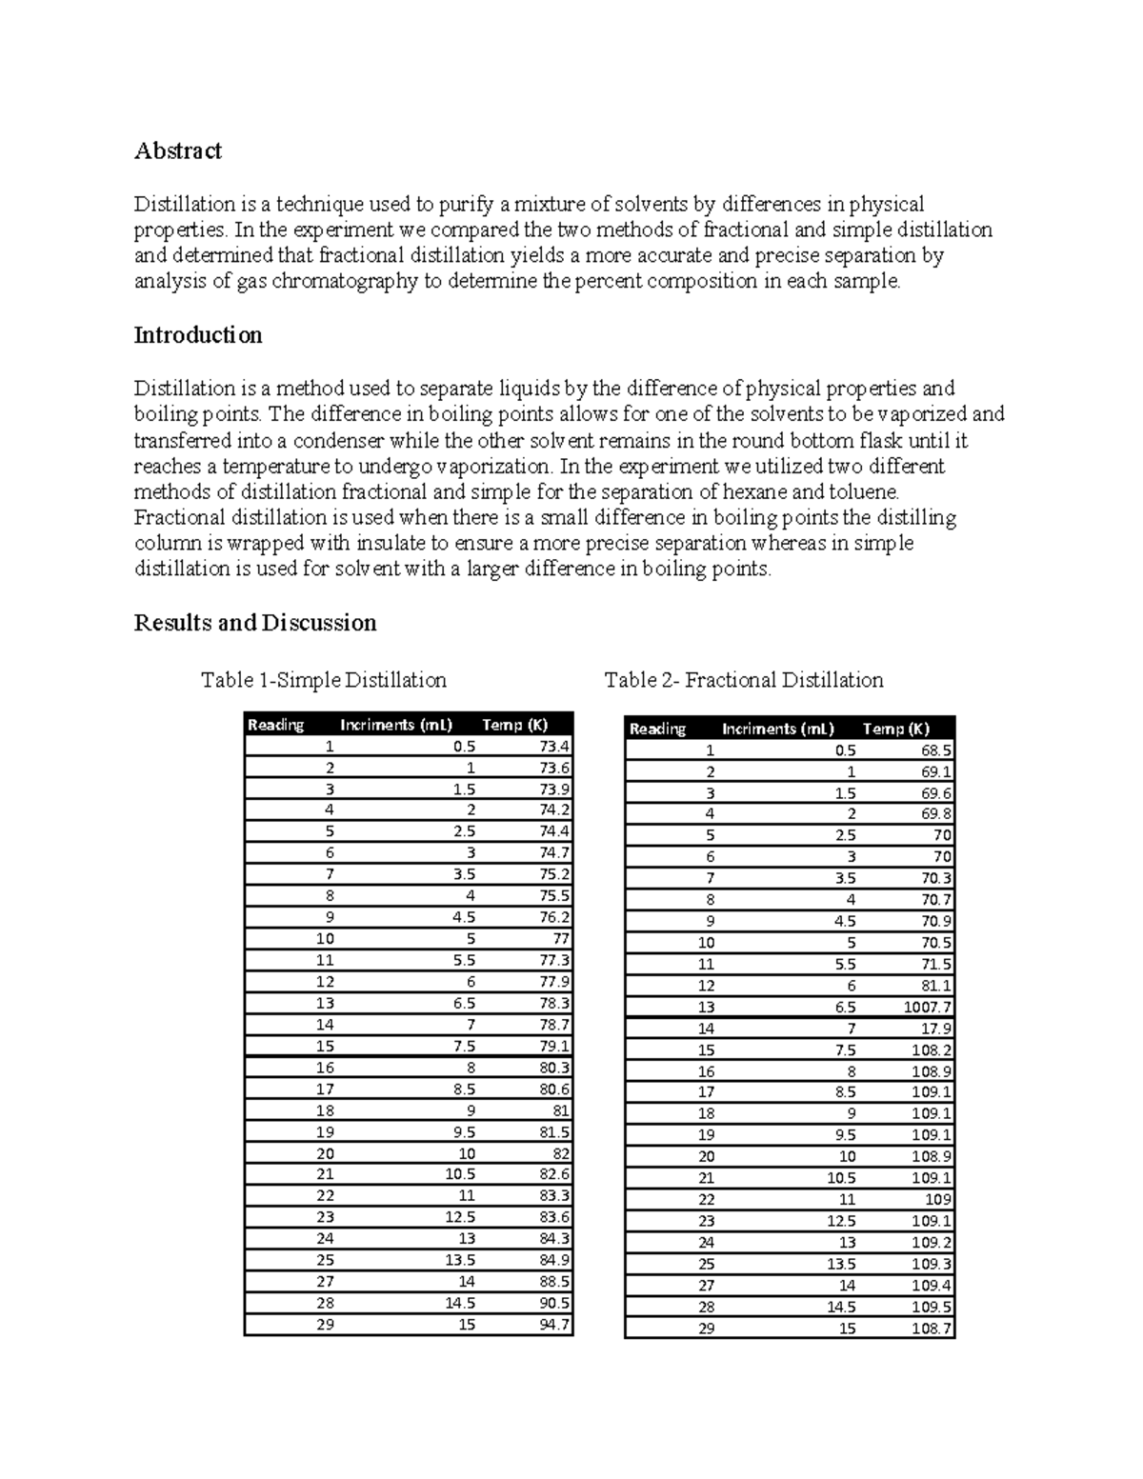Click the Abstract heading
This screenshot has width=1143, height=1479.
177,150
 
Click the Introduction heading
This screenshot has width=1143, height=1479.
197,335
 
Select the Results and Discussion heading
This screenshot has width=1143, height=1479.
254,623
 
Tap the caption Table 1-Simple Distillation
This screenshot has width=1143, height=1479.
323,680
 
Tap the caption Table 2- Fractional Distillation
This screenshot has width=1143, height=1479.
743,680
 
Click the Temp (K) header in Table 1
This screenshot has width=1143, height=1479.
514,725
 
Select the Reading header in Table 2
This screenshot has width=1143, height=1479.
657,729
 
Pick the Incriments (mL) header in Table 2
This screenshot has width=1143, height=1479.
777,729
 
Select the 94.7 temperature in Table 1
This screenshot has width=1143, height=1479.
553,1324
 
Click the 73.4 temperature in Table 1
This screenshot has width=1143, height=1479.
553,746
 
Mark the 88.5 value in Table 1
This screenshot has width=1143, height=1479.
553,1281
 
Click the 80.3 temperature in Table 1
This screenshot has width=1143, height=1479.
553,1068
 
